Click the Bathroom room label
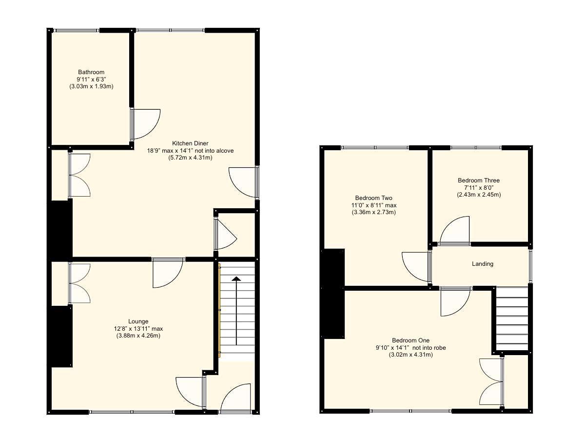coord(91,72)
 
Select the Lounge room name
coord(138,321)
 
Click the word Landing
coord(483,264)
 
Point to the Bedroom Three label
coord(479,180)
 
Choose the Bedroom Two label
coord(374,198)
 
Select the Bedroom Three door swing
coord(455,231)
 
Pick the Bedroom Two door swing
coord(416,266)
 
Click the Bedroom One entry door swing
coord(455,301)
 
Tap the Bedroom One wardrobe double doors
coord(492,381)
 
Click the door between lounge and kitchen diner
coord(168,272)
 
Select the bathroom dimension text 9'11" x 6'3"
coord(91,80)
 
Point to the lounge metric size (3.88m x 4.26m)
coord(138,336)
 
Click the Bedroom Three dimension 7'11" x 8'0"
coord(479,188)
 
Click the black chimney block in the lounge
coord(62,337)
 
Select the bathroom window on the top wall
coord(77,30)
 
